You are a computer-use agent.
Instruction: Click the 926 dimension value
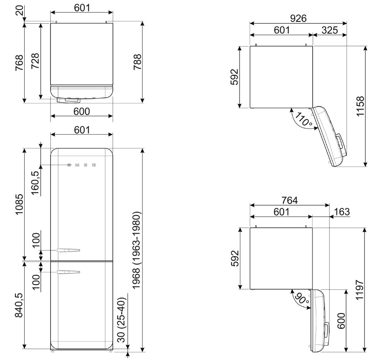(x=298, y=18)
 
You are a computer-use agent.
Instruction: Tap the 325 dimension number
(x=329, y=30)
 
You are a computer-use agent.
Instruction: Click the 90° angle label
(x=302, y=299)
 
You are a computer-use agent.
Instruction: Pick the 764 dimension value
(x=289, y=200)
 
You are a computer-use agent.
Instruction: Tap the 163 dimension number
(x=342, y=212)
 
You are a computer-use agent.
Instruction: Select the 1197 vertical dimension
(x=359, y=289)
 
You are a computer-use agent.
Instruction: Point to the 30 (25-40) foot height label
(x=121, y=320)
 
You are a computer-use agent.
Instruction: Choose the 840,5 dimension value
(x=19, y=305)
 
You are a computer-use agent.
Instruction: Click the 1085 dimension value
(x=19, y=204)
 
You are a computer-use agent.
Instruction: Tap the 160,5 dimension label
(x=35, y=183)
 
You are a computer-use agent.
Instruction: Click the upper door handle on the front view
(x=68, y=250)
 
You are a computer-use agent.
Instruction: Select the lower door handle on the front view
(x=68, y=272)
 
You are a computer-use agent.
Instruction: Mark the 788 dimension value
(x=137, y=62)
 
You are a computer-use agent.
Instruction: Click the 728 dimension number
(x=35, y=61)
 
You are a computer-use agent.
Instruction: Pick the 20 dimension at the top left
(x=20, y=10)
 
